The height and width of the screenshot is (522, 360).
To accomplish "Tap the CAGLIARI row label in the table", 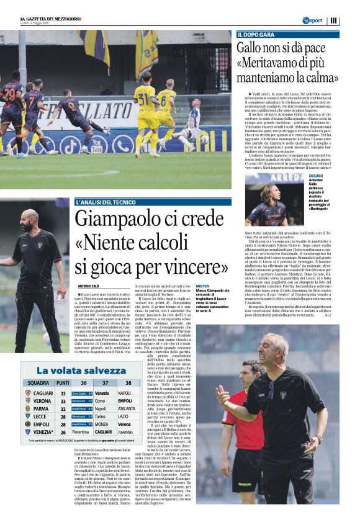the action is (42, 393).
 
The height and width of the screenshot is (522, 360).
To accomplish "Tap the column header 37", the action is (104, 383).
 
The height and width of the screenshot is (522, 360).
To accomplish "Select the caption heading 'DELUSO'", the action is (315, 176).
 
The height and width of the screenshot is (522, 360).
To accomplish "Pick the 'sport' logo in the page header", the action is (313, 20).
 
